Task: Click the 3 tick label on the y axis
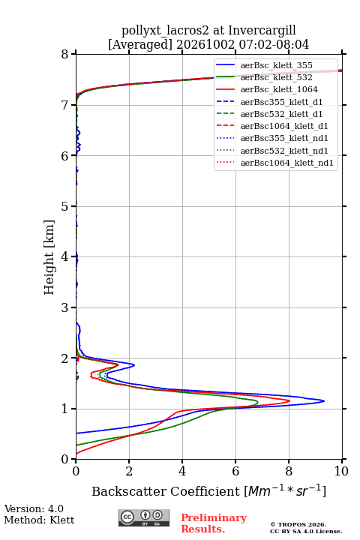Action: [64, 307]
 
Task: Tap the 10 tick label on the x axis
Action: [341, 471]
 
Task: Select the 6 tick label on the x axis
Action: [235, 471]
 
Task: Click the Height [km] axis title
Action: [49, 257]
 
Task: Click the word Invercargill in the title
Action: [262, 31]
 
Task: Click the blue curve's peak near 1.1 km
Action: [324, 400]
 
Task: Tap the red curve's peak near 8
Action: [289, 400]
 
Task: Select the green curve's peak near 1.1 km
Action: [257, 402]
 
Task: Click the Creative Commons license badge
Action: [144, 517]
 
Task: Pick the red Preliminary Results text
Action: [214, 523]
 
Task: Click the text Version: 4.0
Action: [34, 508]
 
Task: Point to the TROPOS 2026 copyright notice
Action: [298, 524]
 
